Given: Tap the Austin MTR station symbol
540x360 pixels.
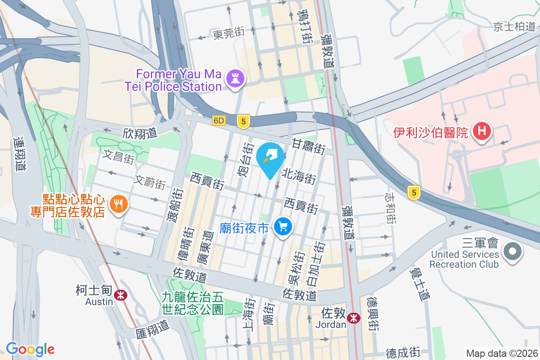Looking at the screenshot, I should (x=120, y=295).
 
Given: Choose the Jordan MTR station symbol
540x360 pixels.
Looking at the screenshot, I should (x=355, y=318).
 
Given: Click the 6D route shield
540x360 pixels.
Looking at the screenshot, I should (x=219, y=121).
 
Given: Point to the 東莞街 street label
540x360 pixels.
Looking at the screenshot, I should (x=229, y=33).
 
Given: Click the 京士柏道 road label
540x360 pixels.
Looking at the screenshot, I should (x=514, y=27).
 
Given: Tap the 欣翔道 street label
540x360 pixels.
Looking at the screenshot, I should (x=139, y=134).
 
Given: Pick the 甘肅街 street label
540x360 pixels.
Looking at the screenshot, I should (x=309, y=147).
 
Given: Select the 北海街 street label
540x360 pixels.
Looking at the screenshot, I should (x=299, y=176).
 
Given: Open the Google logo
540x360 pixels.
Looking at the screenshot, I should (x=30, y=349).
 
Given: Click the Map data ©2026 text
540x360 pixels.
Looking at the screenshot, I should (x=501, y=353).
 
